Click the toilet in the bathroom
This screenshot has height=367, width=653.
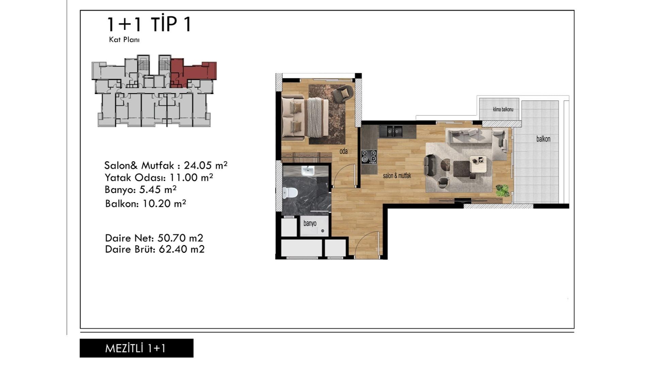[x=289, y=193]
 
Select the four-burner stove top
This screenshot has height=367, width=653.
[x=369, y=157]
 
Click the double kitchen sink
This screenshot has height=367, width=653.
[x=391, y=131]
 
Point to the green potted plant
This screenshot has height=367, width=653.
[x=502, y=190]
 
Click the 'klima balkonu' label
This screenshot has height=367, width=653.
[x=503, y=109]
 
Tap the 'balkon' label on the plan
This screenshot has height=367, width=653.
[x=543, y=139]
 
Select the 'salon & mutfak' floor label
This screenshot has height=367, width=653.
[x=397, y=176]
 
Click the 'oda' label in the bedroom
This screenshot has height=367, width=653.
[x=344, y=151]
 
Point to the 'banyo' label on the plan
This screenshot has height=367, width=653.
[x=310, y=223]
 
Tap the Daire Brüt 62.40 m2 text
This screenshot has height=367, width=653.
[x=155, y=249]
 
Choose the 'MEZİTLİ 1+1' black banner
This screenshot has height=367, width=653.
[x=136, y=348]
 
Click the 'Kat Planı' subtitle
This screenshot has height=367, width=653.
[x=124, y=39]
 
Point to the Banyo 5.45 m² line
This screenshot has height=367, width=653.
[x=140, y=189]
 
